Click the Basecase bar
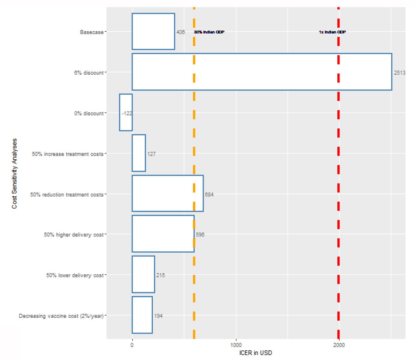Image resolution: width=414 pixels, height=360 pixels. [153, 31]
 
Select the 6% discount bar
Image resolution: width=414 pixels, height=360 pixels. [262, 72]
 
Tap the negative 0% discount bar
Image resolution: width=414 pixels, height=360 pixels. [126, 112]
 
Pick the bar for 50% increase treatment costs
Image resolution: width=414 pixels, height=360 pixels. [139, 153]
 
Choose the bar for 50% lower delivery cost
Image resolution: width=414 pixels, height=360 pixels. [144, 274]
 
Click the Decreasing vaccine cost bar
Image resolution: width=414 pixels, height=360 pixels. [142, 315]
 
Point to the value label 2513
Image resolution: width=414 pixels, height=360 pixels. [400, 73]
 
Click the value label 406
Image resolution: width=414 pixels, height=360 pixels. [180, 32]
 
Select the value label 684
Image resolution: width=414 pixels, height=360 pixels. [209, 195]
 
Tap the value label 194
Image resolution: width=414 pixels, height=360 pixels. [158, 316]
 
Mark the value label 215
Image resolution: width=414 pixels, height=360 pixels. [160, 275]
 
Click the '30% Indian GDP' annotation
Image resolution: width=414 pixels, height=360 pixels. [209, 32]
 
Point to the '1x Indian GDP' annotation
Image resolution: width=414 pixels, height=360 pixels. [332, 32]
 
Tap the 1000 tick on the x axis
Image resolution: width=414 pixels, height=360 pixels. [236, 345]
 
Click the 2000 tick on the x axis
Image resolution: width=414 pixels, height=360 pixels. [339, 345]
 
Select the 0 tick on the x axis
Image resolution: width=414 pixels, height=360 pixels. [132, 345]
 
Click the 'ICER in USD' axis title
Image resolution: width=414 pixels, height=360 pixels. [256, 353]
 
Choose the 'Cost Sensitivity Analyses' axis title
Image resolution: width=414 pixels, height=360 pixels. [14, 174]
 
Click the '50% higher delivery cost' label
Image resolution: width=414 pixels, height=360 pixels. [74, 235]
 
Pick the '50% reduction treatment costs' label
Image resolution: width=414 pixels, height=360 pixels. [67, 195]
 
